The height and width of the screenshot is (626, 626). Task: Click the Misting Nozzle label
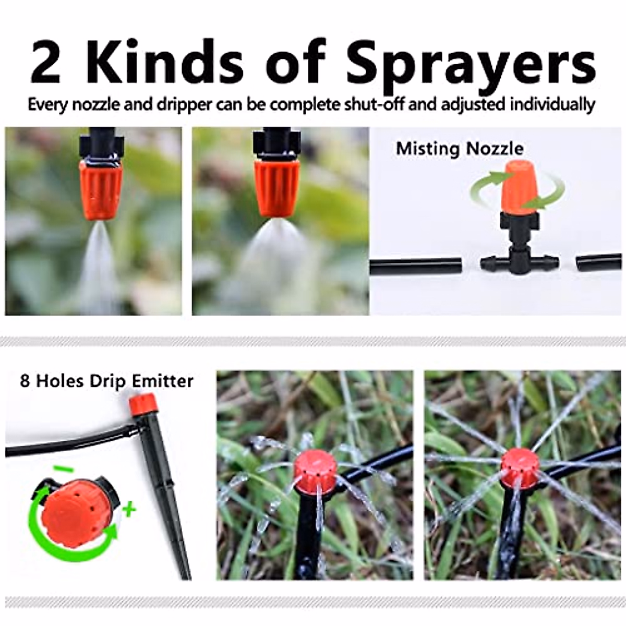tap(460, 149)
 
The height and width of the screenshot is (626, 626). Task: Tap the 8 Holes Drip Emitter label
tap(106, 381)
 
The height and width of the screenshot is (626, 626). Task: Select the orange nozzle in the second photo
tap(276, 186)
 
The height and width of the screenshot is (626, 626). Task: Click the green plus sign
tap(128, 508)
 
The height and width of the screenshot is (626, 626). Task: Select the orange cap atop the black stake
tap(142, 403)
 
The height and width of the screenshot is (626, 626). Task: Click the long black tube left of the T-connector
tap(416, 267)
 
